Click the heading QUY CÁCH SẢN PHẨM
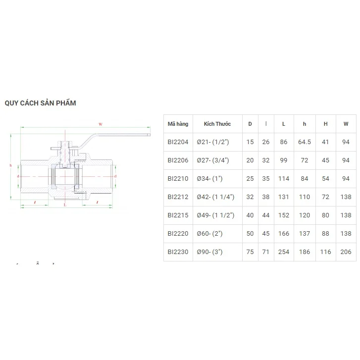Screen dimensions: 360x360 point(40,103)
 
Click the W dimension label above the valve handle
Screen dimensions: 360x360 point(100,124)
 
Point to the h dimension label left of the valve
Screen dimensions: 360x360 point(11,165)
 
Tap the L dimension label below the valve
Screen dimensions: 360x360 point(66,204)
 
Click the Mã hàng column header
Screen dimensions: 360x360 point(178,124)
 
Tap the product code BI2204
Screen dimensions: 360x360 point(178,142)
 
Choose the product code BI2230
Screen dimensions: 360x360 point(178,252)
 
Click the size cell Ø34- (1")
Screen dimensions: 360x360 point(209,179)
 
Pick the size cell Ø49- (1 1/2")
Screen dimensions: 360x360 point(215,215)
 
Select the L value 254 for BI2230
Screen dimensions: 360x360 point(283,252)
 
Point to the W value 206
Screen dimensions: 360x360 point(346,252)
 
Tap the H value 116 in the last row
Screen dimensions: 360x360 point(325,252)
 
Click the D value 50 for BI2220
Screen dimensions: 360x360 point(250,234)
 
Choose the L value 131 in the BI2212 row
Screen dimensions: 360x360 point(283,197)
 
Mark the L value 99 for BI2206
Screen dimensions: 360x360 point(283,160)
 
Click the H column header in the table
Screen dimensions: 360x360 point(325,124)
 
